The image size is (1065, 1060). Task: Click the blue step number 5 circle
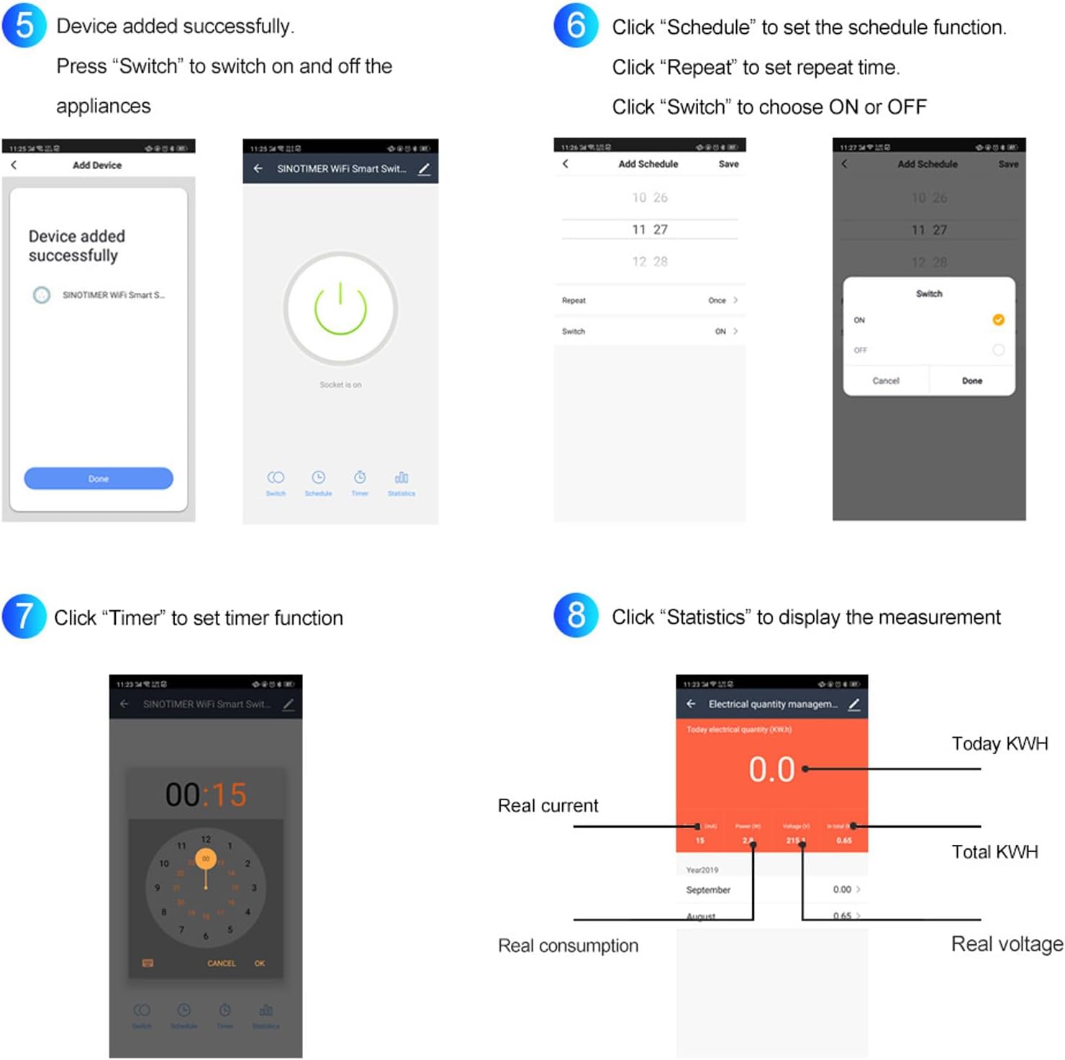pos(24,25)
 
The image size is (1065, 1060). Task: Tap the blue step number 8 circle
pos(576,615)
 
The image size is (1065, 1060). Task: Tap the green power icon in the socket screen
pos(340,309)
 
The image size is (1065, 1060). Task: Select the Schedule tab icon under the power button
pos(318,478)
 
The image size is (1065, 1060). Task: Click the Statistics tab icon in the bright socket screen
pos(402,478)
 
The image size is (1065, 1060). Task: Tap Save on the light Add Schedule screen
pos(728,164)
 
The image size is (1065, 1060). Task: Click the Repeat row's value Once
pos(717,301)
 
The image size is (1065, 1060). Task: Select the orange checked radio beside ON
pos(998,320)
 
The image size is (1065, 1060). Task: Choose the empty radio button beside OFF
pos(998,350)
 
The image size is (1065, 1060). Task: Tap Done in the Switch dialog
pos(971,381)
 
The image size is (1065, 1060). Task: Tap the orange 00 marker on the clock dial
pos(206,859)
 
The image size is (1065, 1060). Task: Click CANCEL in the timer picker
pos(221,964)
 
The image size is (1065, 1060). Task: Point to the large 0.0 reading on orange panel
pos(771,769)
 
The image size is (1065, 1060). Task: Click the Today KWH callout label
pos(999,743)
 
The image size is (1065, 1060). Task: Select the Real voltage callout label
pos(1006,944)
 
